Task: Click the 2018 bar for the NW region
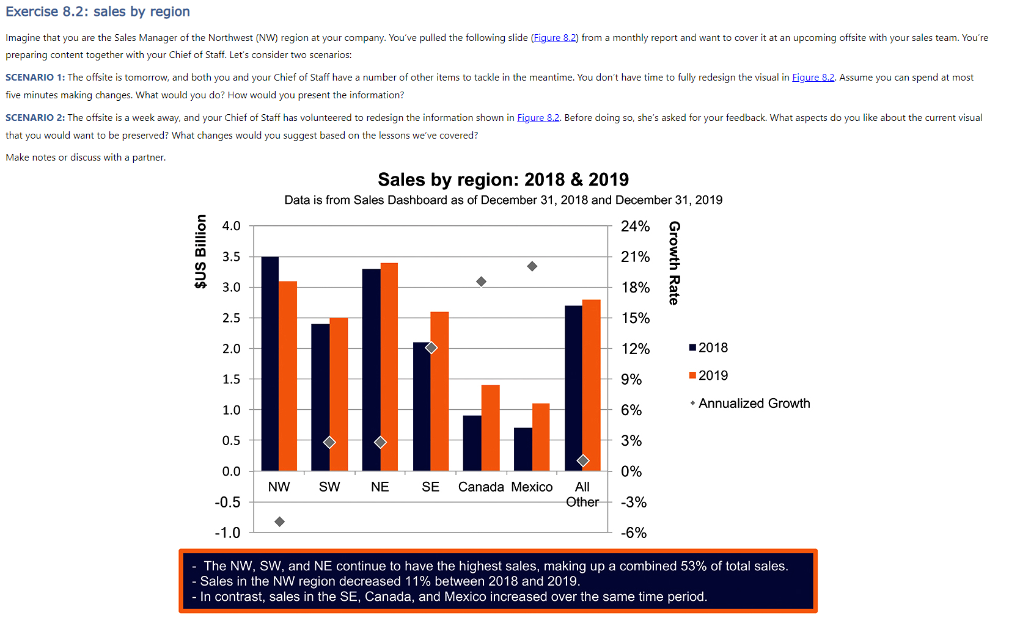coord(270,363)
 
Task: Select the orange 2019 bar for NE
coord(389,366)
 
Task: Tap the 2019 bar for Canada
coord(490,427)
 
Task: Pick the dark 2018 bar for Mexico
coord(523,449)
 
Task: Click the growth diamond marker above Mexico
coord(532,266)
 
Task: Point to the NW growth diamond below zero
coord(279,521)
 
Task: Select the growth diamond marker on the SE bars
coord(431,347)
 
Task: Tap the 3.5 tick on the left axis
coord(231,256)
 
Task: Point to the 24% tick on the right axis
coord(635,226)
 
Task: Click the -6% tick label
coord(634,532)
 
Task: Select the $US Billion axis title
coord(200,251)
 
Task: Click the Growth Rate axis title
coord(674,263)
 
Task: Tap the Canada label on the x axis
coord(481,487)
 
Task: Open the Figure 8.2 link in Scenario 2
coord(538,117)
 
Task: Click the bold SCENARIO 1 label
coord(35,77)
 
